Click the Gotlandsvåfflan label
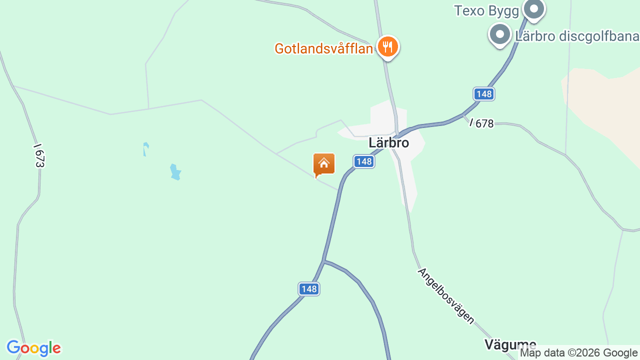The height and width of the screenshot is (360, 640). (x=323, y=48)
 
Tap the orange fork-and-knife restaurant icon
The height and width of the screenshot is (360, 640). (x=387, y=47)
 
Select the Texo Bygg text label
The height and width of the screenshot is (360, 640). (x=486, y=10)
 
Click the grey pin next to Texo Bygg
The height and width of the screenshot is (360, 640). (x=534, y=9)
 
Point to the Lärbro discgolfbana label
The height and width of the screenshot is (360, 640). (x=576, y=36)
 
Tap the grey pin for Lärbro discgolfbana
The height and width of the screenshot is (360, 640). (x=499, y=34)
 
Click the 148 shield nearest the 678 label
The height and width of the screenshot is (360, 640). (x=484, y=93)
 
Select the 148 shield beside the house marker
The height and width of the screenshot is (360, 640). (x=364, y=161)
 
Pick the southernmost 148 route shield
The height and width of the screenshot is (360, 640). (x=309, y=288)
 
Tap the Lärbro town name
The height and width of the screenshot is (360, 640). (x=388, y=143)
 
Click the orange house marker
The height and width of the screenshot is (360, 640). (x=324, y=164)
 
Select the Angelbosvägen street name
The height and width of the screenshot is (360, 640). (x=446, y=296)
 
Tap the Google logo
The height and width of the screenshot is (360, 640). (x=33, y=348)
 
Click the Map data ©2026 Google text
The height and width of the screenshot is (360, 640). (x=579, y=353)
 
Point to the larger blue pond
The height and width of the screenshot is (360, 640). (x=175, y=172)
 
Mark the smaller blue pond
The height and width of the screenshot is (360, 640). (x=145, y=148)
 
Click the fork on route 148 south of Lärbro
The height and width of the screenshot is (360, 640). (x=324, y=260)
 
